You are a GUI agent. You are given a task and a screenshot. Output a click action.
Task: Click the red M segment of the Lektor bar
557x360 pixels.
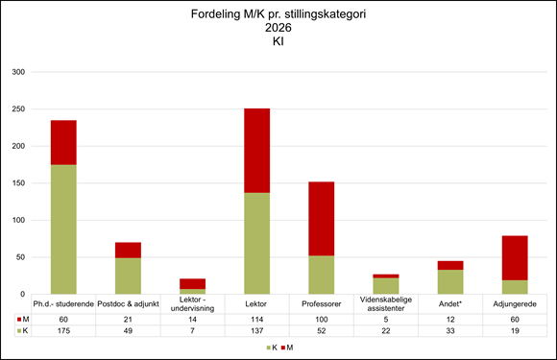coord(256,151)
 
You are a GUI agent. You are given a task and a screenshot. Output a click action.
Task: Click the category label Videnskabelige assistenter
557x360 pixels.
coord(385,303)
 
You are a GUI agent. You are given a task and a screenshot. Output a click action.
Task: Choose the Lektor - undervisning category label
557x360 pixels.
coord(192,303)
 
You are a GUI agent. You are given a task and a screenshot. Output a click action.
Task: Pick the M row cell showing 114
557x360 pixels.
coord(256,319)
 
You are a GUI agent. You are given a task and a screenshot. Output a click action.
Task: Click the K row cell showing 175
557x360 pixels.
coord(63,330)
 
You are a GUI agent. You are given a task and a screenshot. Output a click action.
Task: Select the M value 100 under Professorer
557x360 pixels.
coord(321,319)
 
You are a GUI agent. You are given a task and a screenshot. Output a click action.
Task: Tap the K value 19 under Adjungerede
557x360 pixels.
coord(514,330)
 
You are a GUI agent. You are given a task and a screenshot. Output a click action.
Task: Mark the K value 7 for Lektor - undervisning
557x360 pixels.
coord(192,330)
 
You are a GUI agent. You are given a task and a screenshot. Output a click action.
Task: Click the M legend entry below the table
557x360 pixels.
coord(287,347)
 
